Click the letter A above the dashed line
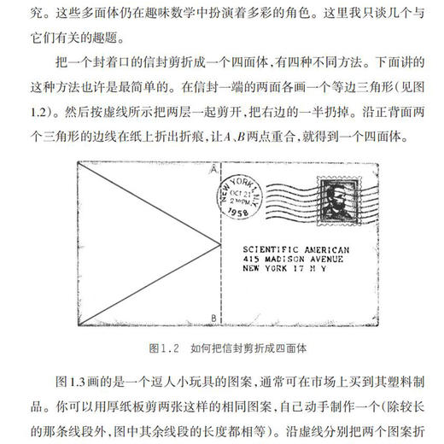coord(211,172)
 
